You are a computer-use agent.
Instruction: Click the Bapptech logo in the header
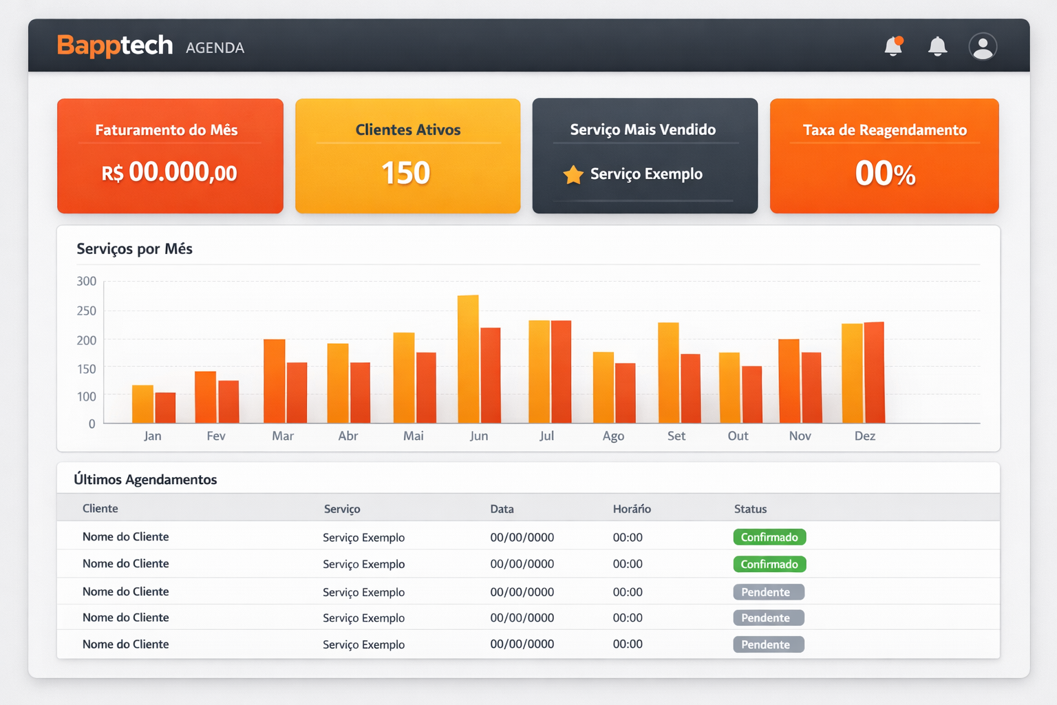point(115,45)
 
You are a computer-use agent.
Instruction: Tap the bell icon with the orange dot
point(893,46)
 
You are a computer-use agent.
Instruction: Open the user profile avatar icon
point(982,47)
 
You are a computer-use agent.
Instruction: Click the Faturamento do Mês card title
point(167,129)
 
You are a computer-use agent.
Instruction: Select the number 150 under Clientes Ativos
point(406,173)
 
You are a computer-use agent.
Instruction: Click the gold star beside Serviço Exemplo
point(573,175)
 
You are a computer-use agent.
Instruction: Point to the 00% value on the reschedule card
point(885,173)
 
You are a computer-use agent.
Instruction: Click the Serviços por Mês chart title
point(134,249)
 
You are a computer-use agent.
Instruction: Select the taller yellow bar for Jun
point(468,358)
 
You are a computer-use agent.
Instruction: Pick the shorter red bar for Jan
point(166,408)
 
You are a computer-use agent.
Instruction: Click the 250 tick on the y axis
point(87,311)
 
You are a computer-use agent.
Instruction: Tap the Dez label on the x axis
point(865,436)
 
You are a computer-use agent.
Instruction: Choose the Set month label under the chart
point(676,436)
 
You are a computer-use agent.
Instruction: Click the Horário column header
point(632,509)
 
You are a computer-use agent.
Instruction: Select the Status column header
point(750,509)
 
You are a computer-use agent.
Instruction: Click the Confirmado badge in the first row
point(769,537)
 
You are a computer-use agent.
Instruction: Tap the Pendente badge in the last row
point(768,644)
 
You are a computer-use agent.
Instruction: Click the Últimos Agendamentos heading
point(145,479)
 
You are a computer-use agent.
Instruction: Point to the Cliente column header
point(100,508)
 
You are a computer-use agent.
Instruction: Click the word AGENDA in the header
point(215,48)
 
